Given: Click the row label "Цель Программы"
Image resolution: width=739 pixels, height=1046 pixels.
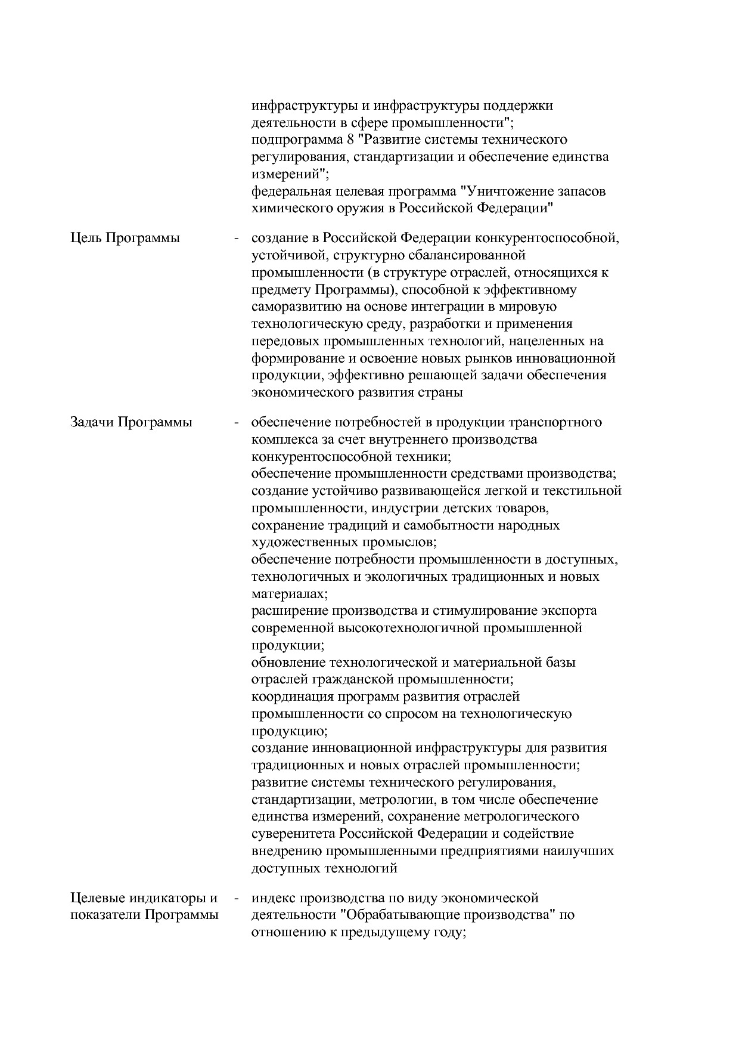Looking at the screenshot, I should click(x=125, y=239).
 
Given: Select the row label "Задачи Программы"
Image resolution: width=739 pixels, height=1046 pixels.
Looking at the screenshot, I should click(x=131, y=423).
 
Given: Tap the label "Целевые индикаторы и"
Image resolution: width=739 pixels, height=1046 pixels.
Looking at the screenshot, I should click(x=144, y=898).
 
